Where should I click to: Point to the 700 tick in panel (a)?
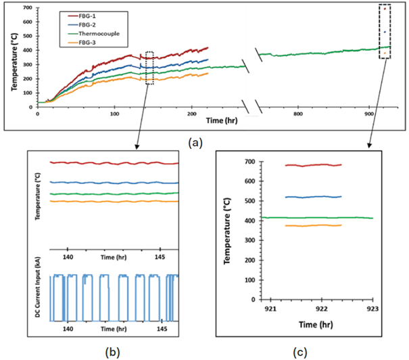(28, 8)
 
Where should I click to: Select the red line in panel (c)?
(313, 165)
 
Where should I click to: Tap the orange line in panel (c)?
(313, 225)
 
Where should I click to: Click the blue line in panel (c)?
(313, 197)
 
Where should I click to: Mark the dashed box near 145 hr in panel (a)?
(149, 68)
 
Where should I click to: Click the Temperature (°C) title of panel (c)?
(227, 230)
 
